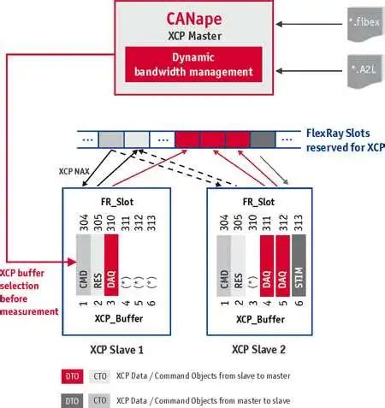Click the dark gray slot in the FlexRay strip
[263, 139]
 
